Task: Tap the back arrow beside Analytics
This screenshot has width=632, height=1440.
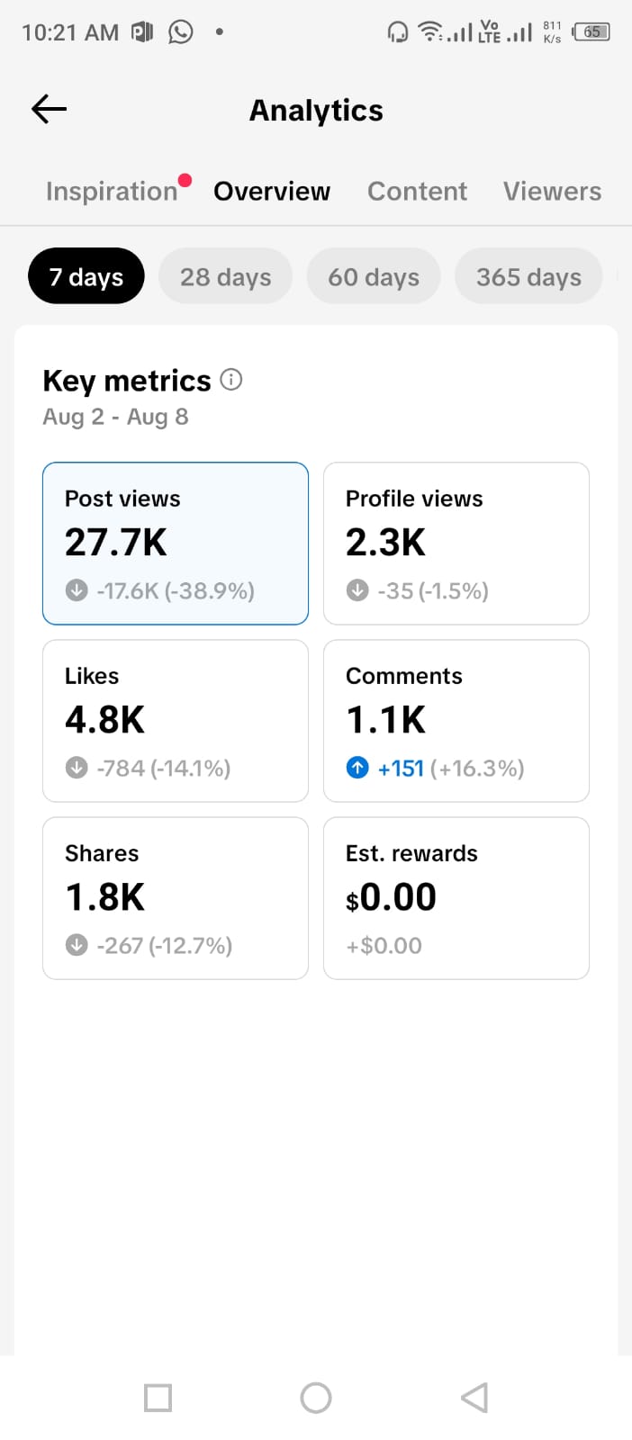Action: (49, 109)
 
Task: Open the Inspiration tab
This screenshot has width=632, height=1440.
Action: (112, 191)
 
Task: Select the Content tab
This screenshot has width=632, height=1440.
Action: (417, 191)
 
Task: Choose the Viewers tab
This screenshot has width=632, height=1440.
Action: (552, 191)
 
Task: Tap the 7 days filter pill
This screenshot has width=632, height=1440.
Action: (86, 275)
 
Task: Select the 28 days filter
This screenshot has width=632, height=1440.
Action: (226, 275)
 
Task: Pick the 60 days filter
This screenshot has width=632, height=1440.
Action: (374, 275)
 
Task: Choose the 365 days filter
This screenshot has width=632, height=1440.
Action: (528, 275)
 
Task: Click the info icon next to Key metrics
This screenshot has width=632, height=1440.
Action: (231, 380)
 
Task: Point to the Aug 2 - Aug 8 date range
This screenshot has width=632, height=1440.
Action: (116, 417)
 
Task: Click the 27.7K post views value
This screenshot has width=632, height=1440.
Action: (116, 542)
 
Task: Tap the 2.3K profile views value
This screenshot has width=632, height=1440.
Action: (385, 542)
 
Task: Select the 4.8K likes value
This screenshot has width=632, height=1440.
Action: (104, 719)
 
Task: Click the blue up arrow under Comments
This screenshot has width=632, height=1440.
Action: (357, 768)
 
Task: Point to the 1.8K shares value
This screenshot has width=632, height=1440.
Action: (104, 896)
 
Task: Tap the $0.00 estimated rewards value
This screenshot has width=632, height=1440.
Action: (391, 896)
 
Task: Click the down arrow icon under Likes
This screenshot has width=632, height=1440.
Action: (77, 768)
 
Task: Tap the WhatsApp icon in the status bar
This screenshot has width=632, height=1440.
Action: (181, 31)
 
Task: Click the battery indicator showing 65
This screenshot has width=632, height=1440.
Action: (591, 31)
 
